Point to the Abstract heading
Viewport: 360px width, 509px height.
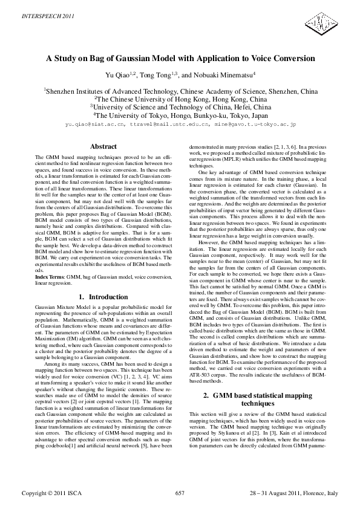pyautogui.click(x=103, y=147)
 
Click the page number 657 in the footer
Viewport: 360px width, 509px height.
pyautogui.click(x=179, y=493)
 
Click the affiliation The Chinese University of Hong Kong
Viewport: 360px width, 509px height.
pyautogui.click(x=180, y=99)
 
